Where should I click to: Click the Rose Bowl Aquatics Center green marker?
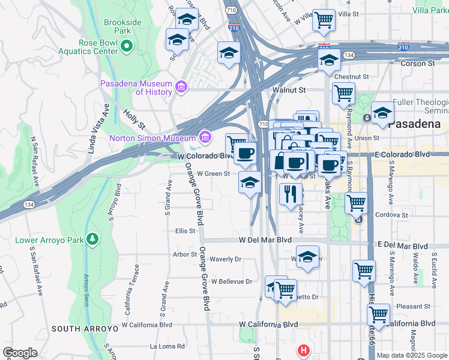126,46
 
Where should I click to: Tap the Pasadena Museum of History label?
136,88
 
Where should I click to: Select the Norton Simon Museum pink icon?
205,138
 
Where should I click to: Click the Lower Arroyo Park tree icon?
92,240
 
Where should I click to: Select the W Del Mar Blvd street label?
265,240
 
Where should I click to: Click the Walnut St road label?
289,90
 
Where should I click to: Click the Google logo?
20,353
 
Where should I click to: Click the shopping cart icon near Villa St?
324,20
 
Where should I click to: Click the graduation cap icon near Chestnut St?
329,60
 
